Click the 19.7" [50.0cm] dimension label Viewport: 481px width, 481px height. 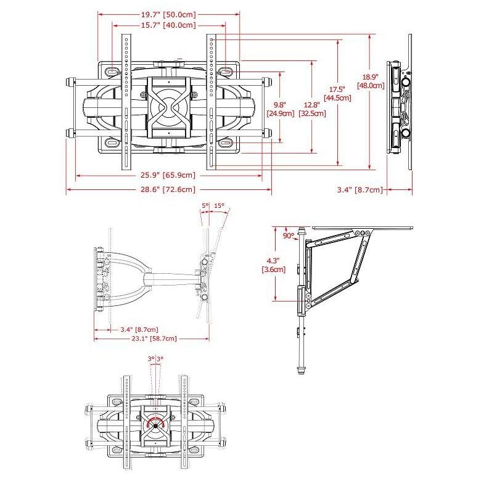[x=168, y=14]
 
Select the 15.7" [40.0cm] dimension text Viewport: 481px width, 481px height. [x=168, y=25]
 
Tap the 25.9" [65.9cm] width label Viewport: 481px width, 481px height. [x=168, y=175]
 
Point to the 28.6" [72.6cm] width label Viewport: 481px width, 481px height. [x=168, y=189]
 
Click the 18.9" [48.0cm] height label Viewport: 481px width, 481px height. [x=371, y=81]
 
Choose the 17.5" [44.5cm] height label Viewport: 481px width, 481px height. [x=337, y=94]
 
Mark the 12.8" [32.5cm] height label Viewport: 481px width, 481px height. [x=312, y=109]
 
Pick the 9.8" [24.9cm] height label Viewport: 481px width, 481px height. [x=281, y=109]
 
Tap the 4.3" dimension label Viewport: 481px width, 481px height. [x=273, y=261]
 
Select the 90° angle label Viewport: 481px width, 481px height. [x=289, y=236]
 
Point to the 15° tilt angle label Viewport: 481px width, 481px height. [x=219, y=205]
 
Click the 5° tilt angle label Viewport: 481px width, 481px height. [x=205, y=205]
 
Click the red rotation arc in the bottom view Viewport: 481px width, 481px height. [x=155, y=419]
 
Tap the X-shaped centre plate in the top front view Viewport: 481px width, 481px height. [x=169, y=107]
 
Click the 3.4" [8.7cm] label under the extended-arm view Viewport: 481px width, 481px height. [x=139, y=329]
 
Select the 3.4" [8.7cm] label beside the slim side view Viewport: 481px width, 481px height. [x=360, y=189]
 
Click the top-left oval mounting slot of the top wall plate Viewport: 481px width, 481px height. [x=112, y=71]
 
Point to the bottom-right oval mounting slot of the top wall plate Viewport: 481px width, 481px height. [x=226, y=143]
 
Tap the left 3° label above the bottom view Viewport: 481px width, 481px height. [x=151, y=359]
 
